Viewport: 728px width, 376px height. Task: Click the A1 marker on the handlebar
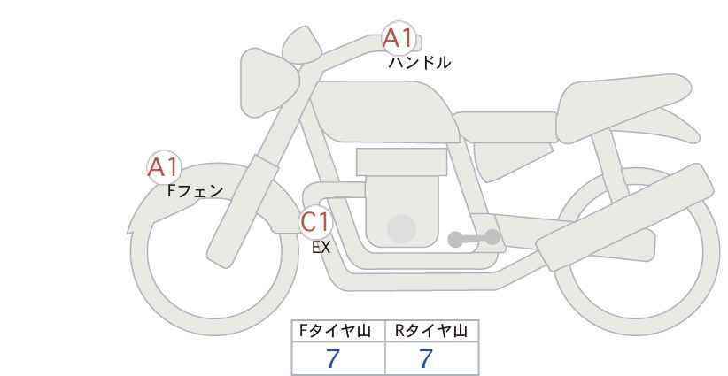pos(399,38)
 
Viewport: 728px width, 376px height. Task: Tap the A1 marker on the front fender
pos(164,167)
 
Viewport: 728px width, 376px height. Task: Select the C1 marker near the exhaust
pos(315,221)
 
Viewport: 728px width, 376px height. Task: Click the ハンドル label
pos(419,63)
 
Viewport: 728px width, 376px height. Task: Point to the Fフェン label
pos(195,190)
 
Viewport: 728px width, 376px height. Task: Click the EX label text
pos(321,248)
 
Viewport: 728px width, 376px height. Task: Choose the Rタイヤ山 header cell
pos(432,331)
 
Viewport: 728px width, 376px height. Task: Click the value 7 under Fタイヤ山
pos(333,359)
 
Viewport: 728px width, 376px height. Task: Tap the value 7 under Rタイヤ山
pos(426,359)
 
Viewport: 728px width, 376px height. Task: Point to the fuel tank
pos(385,111)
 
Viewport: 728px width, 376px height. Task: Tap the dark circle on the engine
pos(401,228)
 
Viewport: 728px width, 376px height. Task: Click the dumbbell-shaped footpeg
pos(474,238)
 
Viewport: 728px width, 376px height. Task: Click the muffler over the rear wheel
pos(625,217)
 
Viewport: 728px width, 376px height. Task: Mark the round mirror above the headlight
pos(302,44)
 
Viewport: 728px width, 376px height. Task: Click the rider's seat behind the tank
pos(506,127)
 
